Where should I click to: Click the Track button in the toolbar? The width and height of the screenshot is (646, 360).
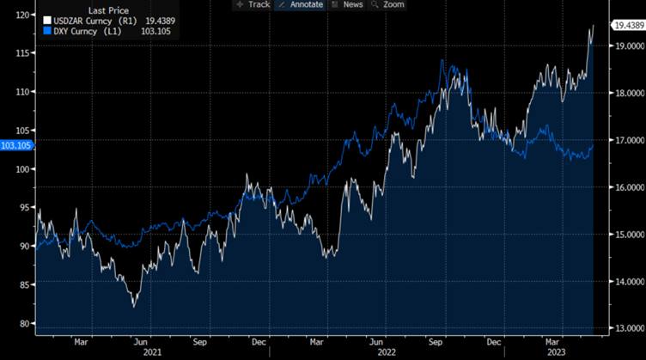(x=253, y=4)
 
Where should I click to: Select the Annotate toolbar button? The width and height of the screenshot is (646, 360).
(x=301, y=4)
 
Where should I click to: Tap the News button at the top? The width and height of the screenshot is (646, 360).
(x=349, y=4)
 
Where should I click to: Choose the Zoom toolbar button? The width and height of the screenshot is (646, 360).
(x=391, y=4)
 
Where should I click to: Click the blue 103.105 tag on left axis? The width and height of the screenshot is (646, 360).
(x=16, y=145)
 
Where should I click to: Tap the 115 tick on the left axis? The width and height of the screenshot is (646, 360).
(x=23, y=53)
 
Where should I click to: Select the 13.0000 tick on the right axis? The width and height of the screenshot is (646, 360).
(x=627, y=328)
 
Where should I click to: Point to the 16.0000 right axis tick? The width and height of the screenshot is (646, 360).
(x=627, y=187)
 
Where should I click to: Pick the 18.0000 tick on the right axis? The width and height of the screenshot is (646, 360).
(x=627, y=94)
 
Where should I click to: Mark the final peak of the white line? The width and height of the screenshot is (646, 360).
(x=593, y=27)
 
